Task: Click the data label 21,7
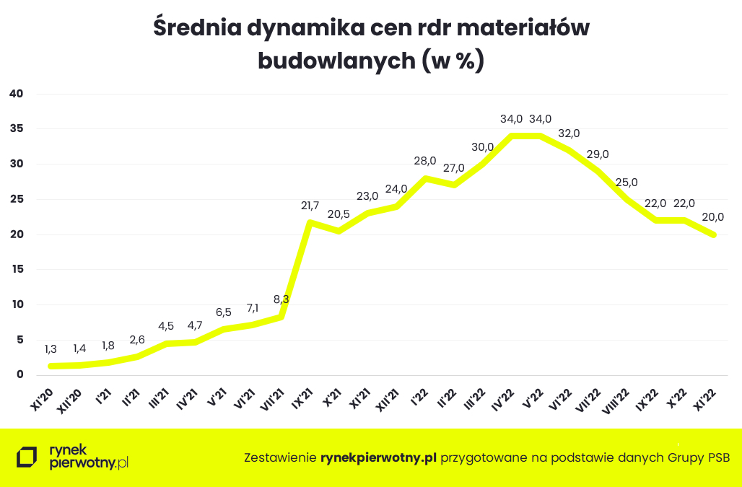pyautogui.click(x=310, y=206)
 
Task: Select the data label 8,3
pyautogui.click(x=281, y=299)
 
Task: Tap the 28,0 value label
pyautogui.click(x=425, y=161)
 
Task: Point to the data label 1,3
pyautogui.click(x=51, y=348)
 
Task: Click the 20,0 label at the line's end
pyautogui.click(x=713, y=217)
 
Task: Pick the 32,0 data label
pyautogui.click(x=569, y=133)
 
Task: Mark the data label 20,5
pyautogui.click(x=339, y=214)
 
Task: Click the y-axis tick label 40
pyautogui.click(x=17, y=94)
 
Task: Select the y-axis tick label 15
pyautogui.click(x=17, y=269)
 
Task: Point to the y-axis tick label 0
pyautogui.click(x=21, y=374)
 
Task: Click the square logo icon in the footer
pyautogui.click(x=27, y=457)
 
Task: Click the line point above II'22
pyautogui.click(x=453, y=185)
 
